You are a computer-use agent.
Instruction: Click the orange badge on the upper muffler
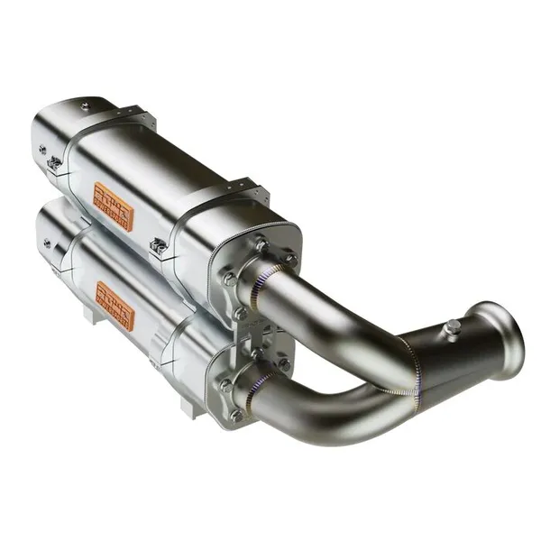click(114, 206)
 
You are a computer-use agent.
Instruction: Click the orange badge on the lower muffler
click(115, 306)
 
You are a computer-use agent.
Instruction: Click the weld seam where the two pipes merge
click(413, 370)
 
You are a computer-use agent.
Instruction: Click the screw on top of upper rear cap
click(86, 107)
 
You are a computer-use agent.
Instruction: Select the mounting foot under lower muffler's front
click(188, 408)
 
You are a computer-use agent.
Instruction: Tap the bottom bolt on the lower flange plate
click(236, 416)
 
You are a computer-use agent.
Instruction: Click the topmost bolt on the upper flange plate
click(262, 242)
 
